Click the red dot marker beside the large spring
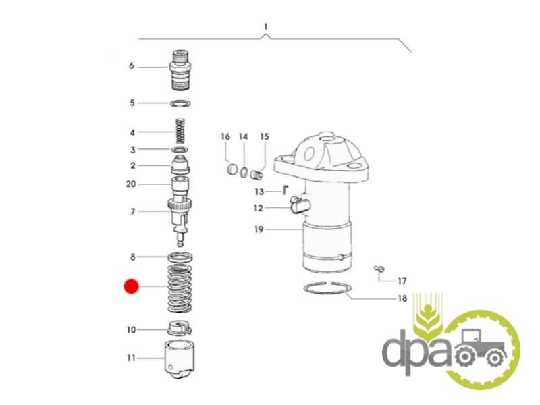tap(131, 286)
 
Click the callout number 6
tap(131, 65)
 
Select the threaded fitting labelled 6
tap(180, 70)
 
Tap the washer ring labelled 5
tap(180, 103)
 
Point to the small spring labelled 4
tap(180, 131)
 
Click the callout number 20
tap(131, 184)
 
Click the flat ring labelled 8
tap(180, 257)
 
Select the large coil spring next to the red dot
tap(180, 289)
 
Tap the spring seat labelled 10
tap(179, 328)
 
